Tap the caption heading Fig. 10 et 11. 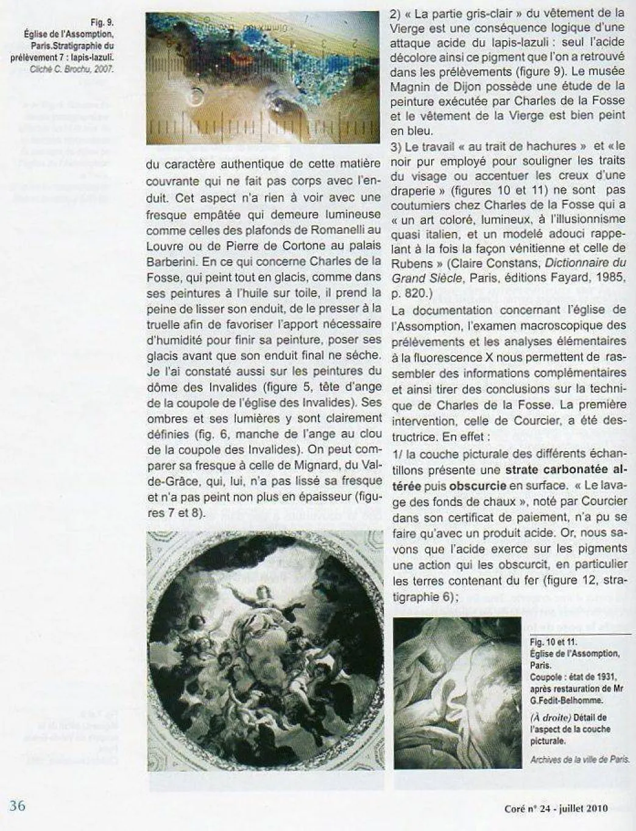tap(553, 642)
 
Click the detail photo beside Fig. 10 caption tap(458, 692)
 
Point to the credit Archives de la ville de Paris tap(579, 759)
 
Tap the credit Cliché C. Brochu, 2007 tap(72, 69)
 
